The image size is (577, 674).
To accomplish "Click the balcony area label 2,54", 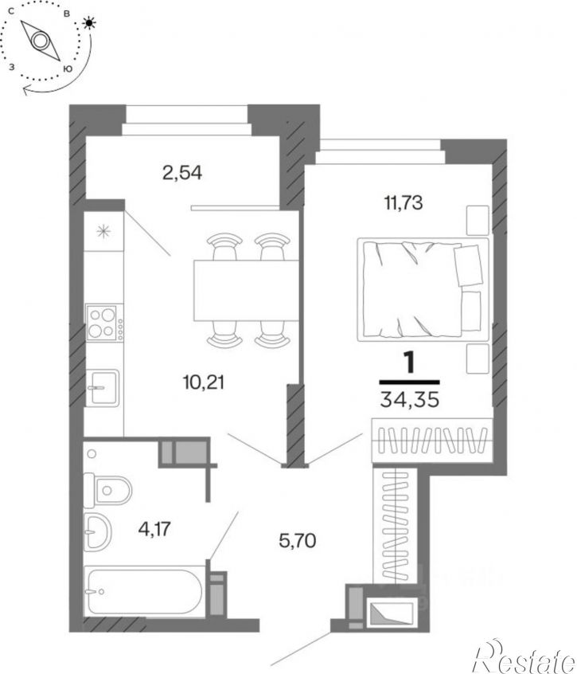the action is (x=182, y=173).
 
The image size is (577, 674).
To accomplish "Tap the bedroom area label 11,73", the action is (x=404, y=202).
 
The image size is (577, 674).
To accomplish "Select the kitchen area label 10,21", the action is (x=204, y=382).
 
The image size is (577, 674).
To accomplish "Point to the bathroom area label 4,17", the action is (x=154, y=528).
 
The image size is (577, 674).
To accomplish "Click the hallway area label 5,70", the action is (x=298, y=540).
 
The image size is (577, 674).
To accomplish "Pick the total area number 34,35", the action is (x=410, y=400).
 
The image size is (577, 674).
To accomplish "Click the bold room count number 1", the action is (x=410, y=363).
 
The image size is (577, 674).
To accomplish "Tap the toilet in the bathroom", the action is (x=107, y=491).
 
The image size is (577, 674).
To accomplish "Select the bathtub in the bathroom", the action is (x=143, y=591).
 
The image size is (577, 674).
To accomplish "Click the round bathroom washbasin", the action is (x=97, y=531).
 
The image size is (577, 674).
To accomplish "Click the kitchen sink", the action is (x=103, y=388).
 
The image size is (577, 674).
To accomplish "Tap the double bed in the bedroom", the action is (x=423, y=290).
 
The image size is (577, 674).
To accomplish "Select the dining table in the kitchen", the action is (x=246, y=291).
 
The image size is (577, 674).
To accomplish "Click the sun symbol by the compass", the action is (x=89, y=23).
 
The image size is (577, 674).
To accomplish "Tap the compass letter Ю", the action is (x=68, y=69).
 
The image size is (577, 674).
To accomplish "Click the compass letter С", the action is (x=12, y=12).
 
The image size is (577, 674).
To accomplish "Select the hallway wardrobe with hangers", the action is (x=395, y=525).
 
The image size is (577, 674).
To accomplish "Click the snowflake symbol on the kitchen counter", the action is (x=103, y=232).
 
